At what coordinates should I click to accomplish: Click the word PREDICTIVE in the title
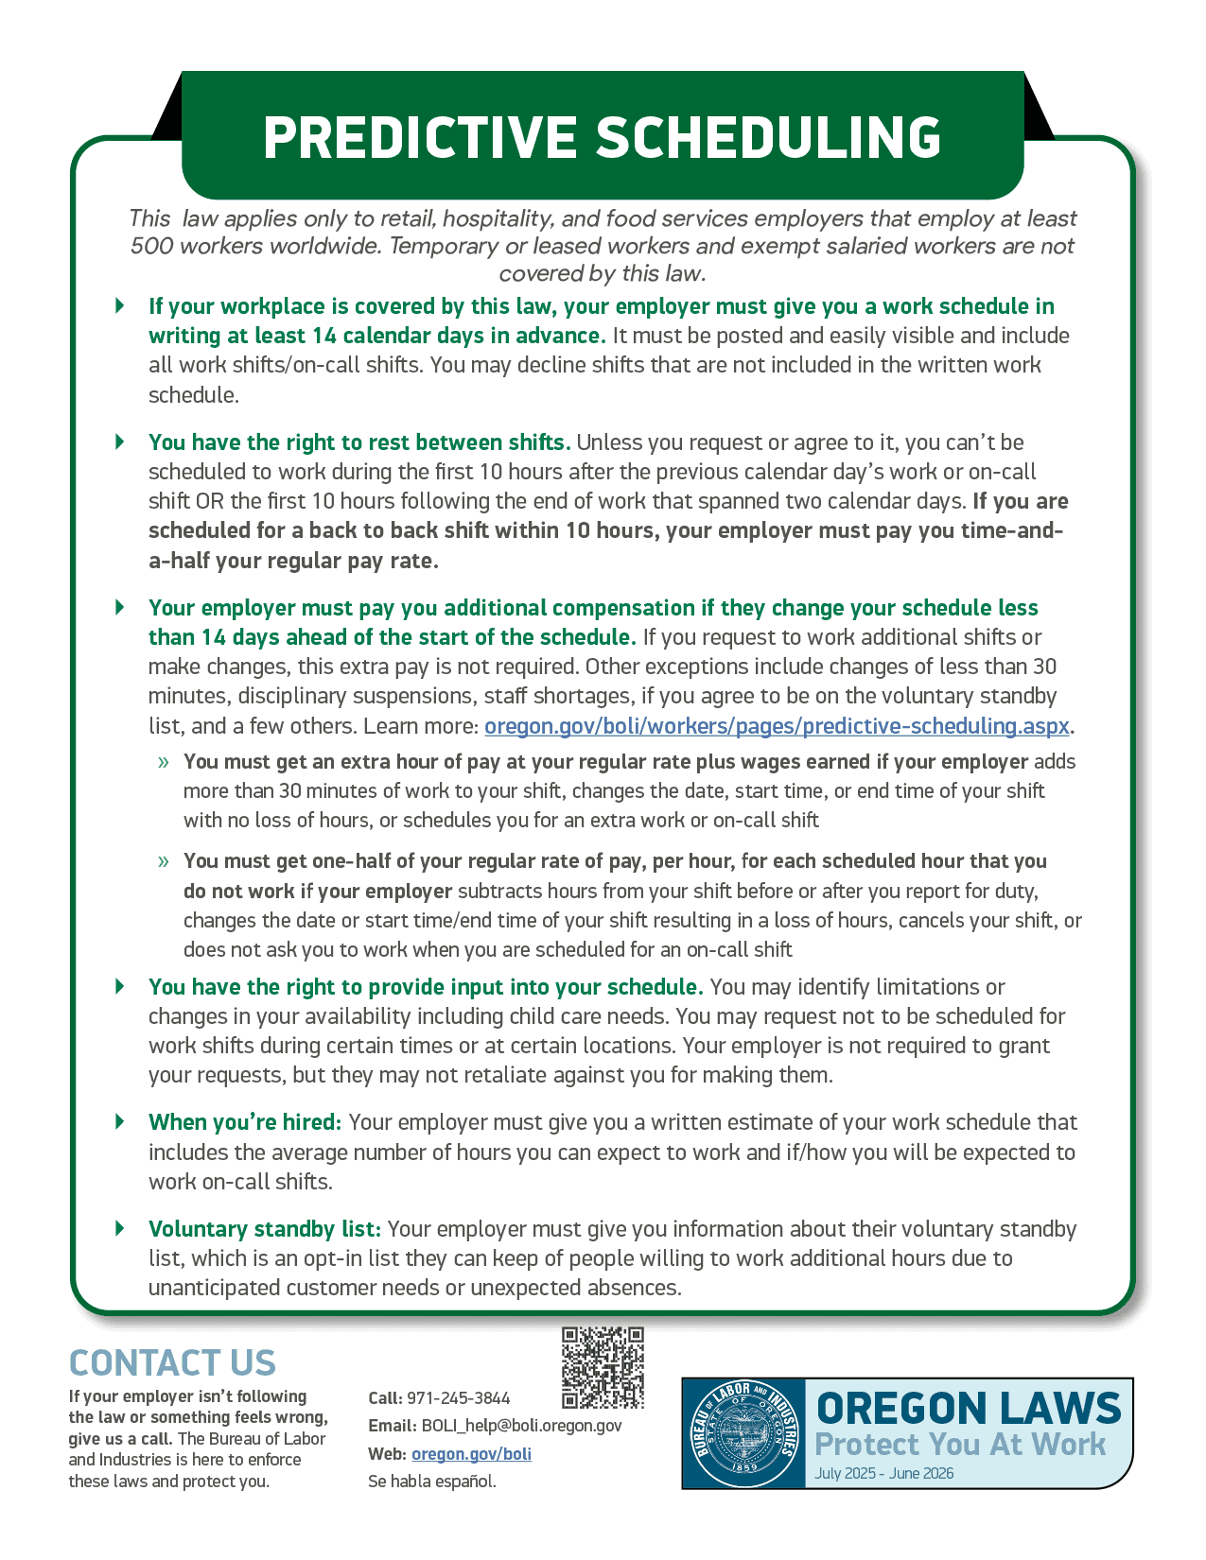coord(421,138)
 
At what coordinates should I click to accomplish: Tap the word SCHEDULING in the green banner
coord(768,138)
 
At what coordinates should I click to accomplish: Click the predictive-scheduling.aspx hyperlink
coord(777,726)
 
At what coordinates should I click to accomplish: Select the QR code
coord(603,1367)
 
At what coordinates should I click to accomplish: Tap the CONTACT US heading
coord(172,1363)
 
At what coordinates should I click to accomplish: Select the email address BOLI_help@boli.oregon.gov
coord(521,1426)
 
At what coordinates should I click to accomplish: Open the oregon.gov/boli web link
coord(471,1454)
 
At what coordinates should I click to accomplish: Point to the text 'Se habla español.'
coord(431,1482)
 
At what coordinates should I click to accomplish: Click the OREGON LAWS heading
coord(968,1409)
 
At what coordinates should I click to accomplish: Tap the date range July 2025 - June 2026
coord(883,1473)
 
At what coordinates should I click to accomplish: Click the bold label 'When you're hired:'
coord(244,1122)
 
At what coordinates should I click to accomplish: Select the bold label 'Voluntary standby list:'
coord(264,1229)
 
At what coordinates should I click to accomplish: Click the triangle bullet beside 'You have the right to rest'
coord(120,442)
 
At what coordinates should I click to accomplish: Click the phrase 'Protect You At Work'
coord(959,1445)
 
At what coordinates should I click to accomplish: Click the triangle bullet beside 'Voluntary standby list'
coord(120,1228)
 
